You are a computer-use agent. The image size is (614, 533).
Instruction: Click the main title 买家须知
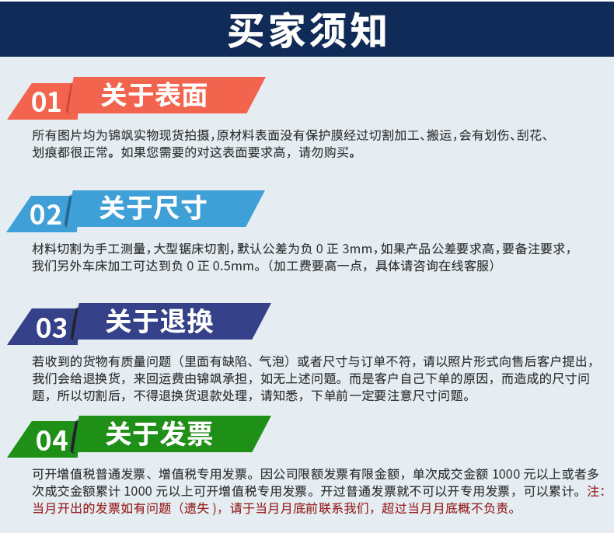(x=306, y=30)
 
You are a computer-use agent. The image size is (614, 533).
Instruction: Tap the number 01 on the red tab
(x=46, y=102)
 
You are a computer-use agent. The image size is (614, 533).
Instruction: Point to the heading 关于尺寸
(x=153, y=208)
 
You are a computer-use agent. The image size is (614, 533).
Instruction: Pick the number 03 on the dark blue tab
(x=51, y=328)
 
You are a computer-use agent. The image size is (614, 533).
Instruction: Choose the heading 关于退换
(x=159, y=321)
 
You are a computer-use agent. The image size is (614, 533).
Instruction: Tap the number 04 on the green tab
(x=51, y=441)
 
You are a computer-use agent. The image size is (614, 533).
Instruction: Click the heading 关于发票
(x=159, y=434)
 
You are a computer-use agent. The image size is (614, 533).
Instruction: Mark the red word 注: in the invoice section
(x=595, y=492)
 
